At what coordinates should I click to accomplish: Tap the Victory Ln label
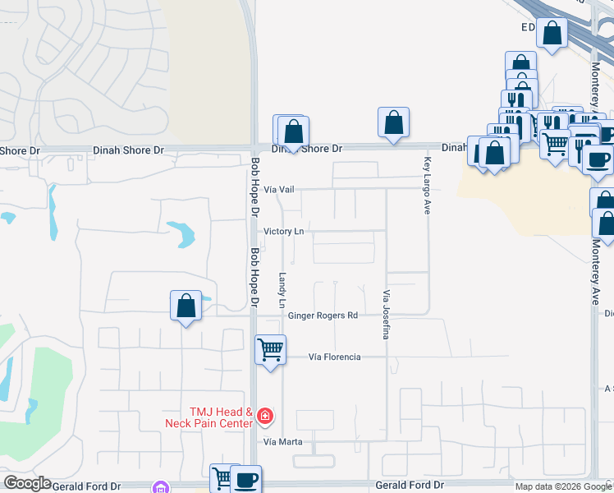(x=283, y=232)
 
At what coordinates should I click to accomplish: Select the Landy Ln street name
(x=282, y=291)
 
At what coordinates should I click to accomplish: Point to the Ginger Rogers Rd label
(x=323, y=316)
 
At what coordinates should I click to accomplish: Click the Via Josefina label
(x=384, y=314)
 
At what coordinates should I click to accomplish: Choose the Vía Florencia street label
(x=334, y=357)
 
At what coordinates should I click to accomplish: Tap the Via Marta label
(x=282, y=442)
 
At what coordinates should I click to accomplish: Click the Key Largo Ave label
(x=427, y=186)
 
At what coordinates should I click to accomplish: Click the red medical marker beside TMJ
(x=264, y=417)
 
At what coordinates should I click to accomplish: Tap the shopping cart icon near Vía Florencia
(x=270, y=349)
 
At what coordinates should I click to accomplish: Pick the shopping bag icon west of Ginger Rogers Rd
(x=186, y=306)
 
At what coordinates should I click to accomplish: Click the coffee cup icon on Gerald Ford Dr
(x=245, y=479)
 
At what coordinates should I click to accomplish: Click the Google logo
(x=27, y=483)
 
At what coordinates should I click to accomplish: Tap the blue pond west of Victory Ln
(x=181, y=234)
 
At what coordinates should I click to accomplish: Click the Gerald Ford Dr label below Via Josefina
(x=409, y=486)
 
